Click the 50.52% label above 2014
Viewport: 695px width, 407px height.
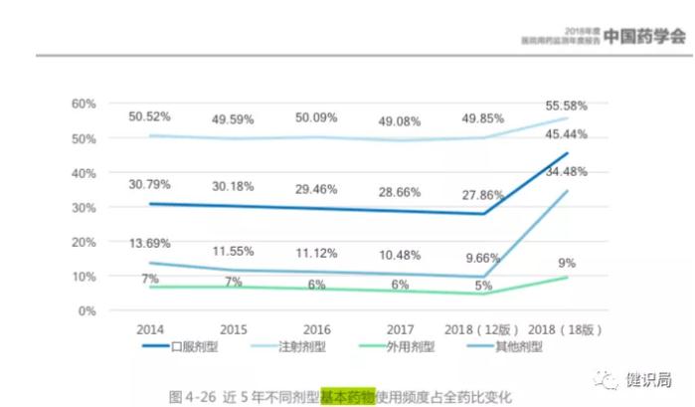151,116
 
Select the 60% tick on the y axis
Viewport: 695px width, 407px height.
84,103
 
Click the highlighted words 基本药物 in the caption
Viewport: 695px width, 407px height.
346,395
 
